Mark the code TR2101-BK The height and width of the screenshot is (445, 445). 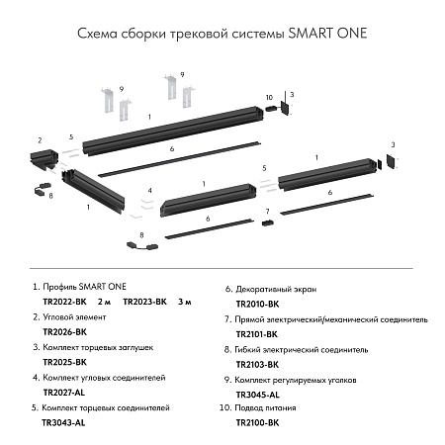click(257, 334)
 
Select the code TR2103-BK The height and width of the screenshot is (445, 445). click(257, 364)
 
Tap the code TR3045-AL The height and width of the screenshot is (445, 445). click(257, 394)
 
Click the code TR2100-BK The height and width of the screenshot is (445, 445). click(257, 422)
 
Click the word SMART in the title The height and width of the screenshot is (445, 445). click(311, 33)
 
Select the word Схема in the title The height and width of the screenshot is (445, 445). click(97, 33)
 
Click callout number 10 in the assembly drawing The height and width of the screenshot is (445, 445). click(269, 96)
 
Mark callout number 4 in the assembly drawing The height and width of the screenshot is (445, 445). click(149, 189)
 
